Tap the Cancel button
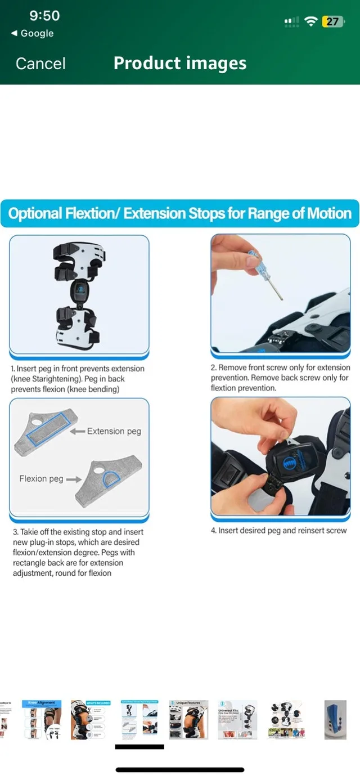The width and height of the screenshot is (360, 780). (x=40, y=64)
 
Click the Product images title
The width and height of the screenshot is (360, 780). (x=180, y=63)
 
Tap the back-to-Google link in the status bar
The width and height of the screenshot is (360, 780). (x=33, y=33)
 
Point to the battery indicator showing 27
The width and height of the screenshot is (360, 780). (x=332, y=21)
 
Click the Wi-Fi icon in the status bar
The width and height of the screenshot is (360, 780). (x=310, y=21)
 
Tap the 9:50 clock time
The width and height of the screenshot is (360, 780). (x=44, y=15)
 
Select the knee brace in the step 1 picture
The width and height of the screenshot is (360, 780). (x=79, y=293)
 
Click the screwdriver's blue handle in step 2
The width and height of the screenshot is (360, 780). (x=254, y=262)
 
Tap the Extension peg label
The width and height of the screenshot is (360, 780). (x=114, y=431)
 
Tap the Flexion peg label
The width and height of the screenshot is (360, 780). (x=41, y=479)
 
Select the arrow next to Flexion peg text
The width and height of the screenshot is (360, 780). (x=74, y=479)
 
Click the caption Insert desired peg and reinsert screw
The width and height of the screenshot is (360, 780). (x=279, y=531)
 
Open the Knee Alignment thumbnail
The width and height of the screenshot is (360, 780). (x=42, y=719)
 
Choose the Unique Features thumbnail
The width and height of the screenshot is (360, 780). (x=188, y=719)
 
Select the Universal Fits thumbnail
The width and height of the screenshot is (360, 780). (x=237, y=719)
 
